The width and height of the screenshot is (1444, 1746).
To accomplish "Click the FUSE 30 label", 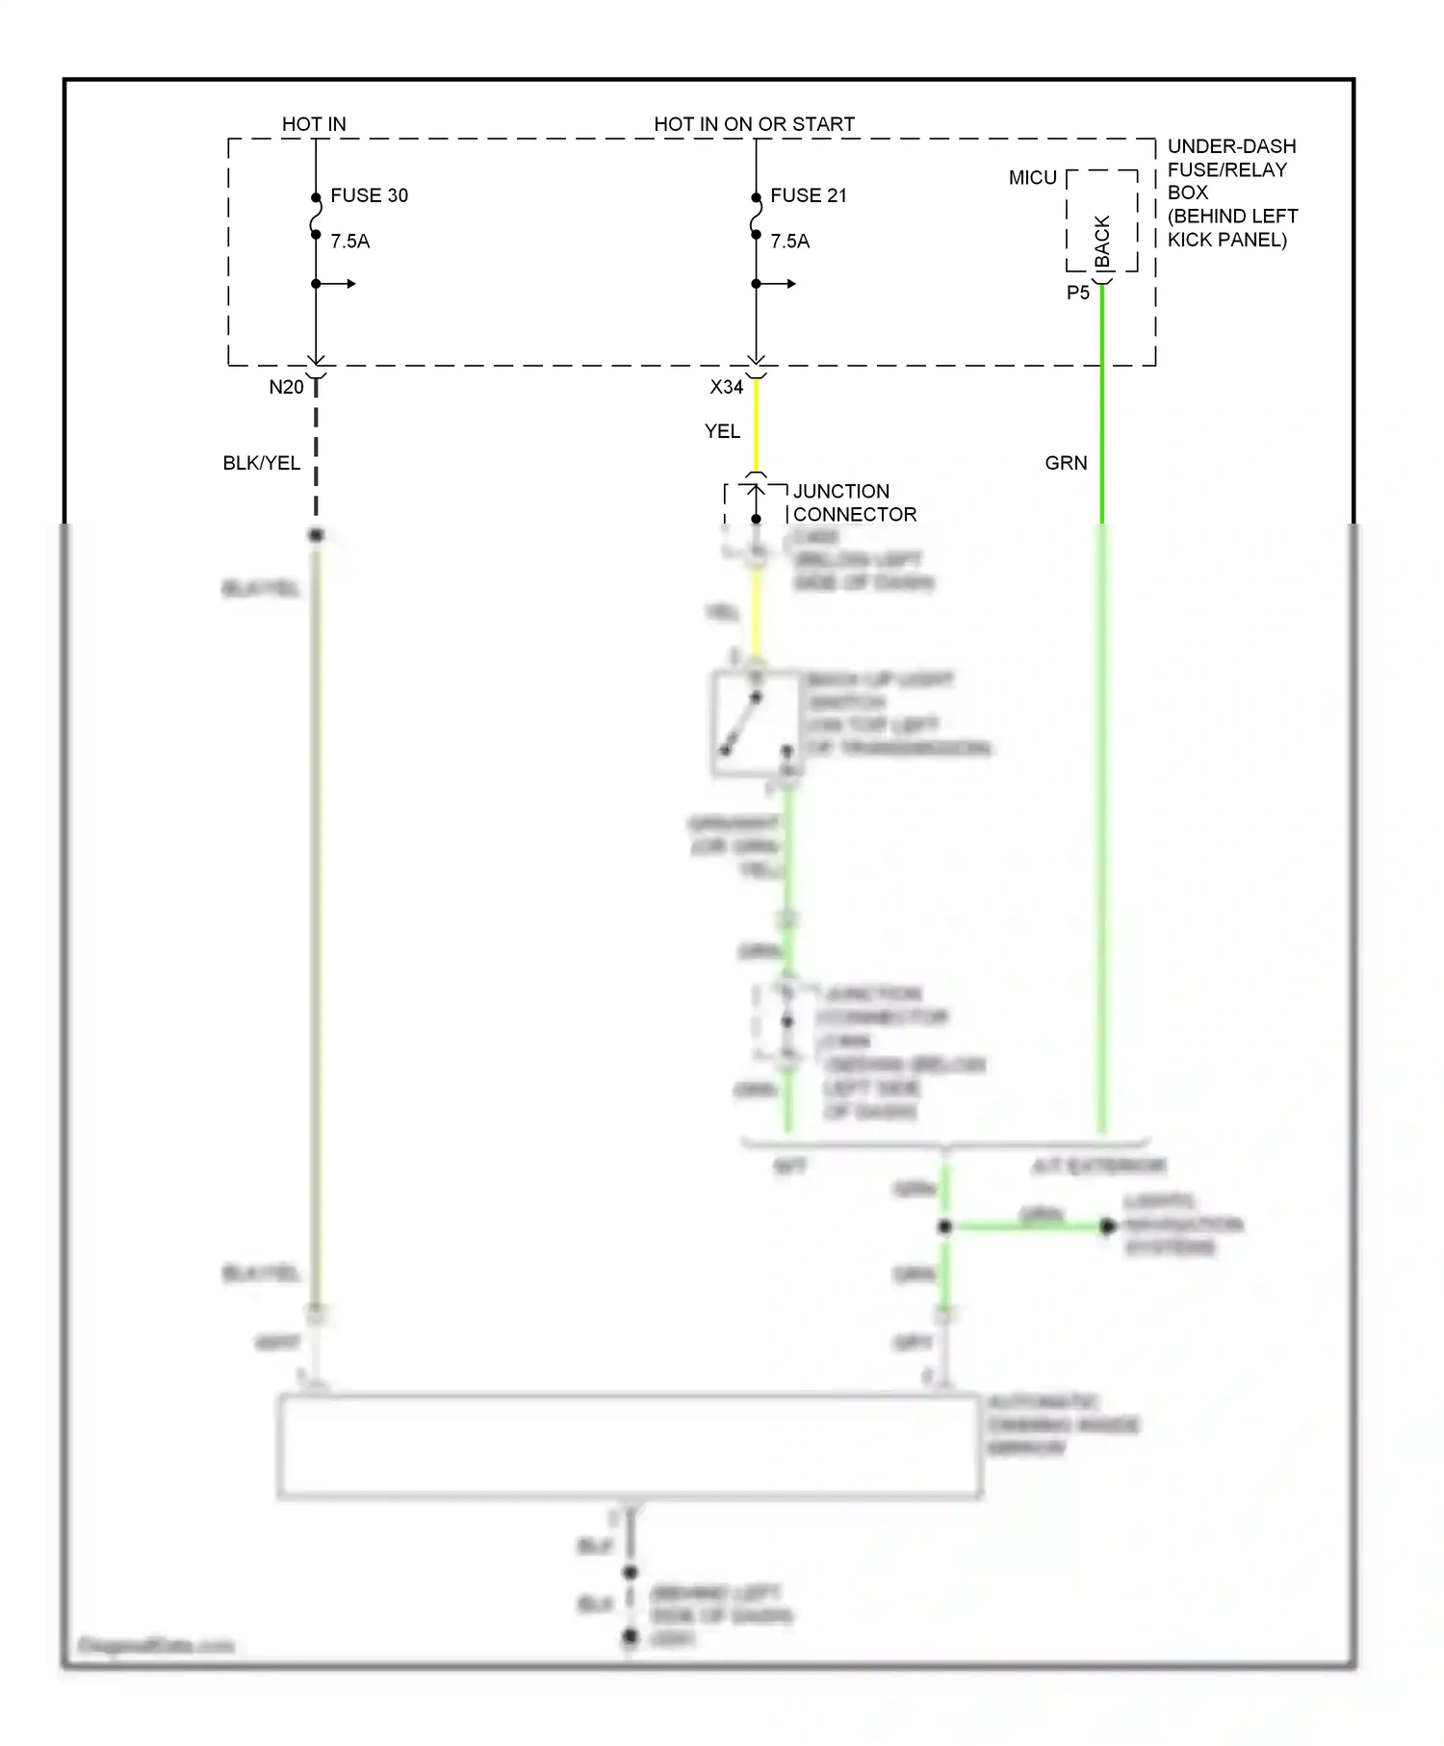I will (x=369, y=195).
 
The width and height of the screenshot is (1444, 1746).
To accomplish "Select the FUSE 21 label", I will (x=809, y=195).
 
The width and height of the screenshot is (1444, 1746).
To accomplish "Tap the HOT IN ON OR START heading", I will (x=754, y=124).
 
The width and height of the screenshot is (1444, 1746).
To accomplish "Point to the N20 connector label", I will (x=286, y=387).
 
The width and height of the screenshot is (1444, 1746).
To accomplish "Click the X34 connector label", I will (x=727, y=387).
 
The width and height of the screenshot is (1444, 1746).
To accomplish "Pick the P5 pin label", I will (x=1078, y=293).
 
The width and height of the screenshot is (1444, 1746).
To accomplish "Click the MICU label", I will (x=1032, y=178).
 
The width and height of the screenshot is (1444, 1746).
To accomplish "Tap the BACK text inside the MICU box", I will (x=1103, y=242).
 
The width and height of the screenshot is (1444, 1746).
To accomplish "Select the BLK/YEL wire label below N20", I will (x=261, y=463).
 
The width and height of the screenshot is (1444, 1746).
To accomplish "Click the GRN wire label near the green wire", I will (x=1066, y=463).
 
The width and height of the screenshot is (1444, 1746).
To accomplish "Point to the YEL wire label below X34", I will (x=722, y=431).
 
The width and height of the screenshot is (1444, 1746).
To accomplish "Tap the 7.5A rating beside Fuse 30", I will (x=350, y=242).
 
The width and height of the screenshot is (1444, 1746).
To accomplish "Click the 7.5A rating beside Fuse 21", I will (x=790, y=242).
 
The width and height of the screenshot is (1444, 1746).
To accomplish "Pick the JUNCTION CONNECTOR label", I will (x=854, y=502).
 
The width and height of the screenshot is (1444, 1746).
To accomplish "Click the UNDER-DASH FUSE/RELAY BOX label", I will (x=1231, y=193).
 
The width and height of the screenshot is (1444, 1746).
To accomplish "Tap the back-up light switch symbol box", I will (x=756, y=724).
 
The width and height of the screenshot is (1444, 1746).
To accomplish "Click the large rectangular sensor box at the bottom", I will (x=630, y=1446).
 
